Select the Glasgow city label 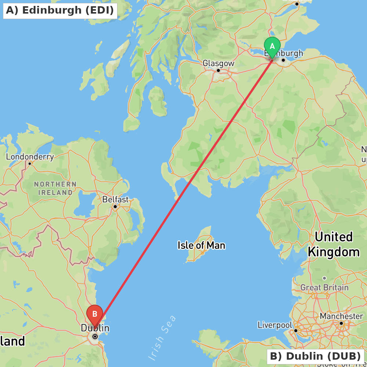tap(218, 63)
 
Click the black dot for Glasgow tap(218, 70)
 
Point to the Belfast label tap(116, 200)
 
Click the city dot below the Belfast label tap(115, 207)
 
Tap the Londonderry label tap(30, 157)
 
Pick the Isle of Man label tap(201, 245)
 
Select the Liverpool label tap(275, 325)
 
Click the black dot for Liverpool tap(296, 330)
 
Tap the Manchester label tap(341, 316)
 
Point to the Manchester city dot tap(341, 323)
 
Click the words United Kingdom tap(334, 244)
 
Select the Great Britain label tap(324, 287)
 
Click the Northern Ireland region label tap(55, 188)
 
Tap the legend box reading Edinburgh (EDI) tap(60, 10)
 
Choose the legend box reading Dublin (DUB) tap(315, 356)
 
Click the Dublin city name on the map tap(95, 328)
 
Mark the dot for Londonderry tap(29, 163)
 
